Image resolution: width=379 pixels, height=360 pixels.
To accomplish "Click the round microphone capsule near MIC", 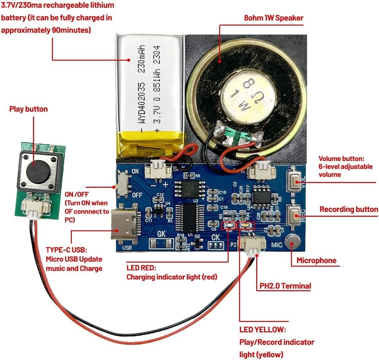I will [291, 241].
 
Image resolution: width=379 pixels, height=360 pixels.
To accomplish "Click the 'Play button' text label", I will [28, 109].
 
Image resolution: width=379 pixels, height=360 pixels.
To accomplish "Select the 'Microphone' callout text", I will [316, 260].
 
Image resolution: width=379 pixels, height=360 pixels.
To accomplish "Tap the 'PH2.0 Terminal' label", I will [285, 286].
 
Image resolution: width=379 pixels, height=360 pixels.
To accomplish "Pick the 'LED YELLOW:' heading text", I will [263, 330].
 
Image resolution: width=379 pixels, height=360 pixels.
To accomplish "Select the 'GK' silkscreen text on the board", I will [161, 234].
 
